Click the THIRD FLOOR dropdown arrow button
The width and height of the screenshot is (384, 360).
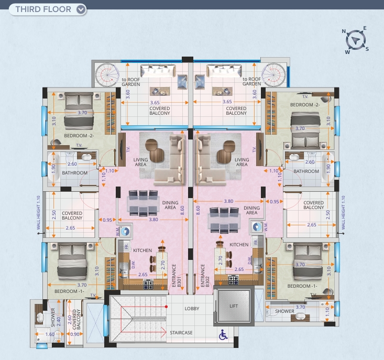click(x=81, y=9)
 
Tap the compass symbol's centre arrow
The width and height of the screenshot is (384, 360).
click(x=356, y=40)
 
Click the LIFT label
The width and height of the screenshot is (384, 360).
click(x=234, y=306)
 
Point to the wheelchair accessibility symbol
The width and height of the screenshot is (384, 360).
click(x=223, y=334)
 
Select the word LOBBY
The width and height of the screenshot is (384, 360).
click(x=192, y=309)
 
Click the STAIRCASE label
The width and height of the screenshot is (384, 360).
click(x=181, y=333)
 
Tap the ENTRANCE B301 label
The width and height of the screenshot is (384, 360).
click(x=177, y=276)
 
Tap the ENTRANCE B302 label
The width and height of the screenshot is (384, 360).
click(x=205, y=276)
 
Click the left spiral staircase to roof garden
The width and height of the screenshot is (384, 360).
click(x=107, y=75)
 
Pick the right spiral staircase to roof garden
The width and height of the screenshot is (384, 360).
click(x=274, y=75)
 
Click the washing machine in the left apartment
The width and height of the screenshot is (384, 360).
click(x=125, y=231)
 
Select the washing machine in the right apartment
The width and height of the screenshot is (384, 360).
click(x=257, y=227)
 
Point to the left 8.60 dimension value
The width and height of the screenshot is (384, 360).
click(x=182, y=210)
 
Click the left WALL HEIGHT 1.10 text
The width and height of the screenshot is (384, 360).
click(x=38, y=213)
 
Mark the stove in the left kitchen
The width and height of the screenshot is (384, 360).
click(x=148, y=285)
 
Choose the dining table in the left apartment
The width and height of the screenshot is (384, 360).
click(x=143, y=203)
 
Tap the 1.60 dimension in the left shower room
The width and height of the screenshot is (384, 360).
click(x=50, y=334)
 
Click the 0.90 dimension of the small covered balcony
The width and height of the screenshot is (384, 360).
click(x=75, y=334)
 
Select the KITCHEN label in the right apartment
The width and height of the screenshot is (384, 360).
click(x=239, y=245)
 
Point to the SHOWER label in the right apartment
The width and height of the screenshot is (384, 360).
click(x=284, y=311)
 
